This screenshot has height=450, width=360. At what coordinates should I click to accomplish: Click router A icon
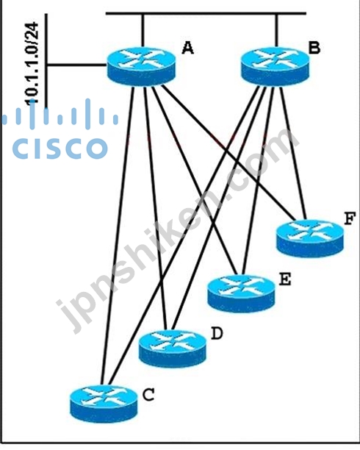click(x=141, y=67)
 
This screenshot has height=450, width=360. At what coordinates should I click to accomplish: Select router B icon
click(x=275, y=67)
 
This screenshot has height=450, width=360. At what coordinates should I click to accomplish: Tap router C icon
click(x=104, y=404)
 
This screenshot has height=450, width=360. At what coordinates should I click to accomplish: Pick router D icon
click(x=173, y=349)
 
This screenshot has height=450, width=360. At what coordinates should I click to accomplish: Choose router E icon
click(x=241, y=293)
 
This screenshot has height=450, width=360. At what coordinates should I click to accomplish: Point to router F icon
click(x=310, y=238)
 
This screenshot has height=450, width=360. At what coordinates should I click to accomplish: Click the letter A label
click(x=187, y=48)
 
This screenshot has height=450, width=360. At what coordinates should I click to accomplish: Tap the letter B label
click(x=314, y=48)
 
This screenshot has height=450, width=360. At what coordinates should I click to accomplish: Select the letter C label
click(x=148, y=395)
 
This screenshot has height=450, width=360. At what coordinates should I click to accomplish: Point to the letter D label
click(x=217, y=334)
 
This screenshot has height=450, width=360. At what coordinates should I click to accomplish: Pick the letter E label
click(x=285, y=279)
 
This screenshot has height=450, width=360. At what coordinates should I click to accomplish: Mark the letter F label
click(x=350, y=218)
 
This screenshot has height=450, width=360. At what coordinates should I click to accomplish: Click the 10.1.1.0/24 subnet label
click(x=32, y=64)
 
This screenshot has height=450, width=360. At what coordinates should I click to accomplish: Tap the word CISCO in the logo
click(x=60, y=148)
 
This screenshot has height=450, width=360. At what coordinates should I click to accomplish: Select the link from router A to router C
click(x=118, y=235)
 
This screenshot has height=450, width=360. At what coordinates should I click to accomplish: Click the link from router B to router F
click(x=293, y=153)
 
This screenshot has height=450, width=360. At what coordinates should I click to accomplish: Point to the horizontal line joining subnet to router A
click(x=76, y=65)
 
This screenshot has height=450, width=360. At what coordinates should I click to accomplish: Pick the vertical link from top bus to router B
click(x=276, y=30)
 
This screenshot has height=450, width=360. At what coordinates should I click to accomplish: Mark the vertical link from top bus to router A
click(x=143, y=30)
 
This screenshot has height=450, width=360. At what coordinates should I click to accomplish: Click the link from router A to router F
click(x=228, y=153)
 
